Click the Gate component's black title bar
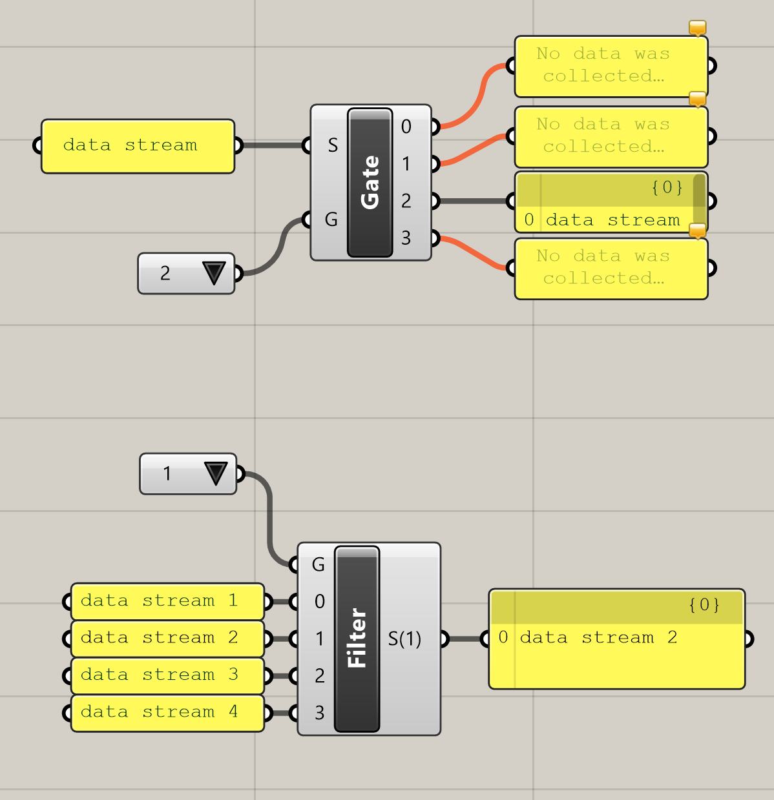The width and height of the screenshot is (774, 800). (370, 183)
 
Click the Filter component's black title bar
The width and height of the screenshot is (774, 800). (357, 639)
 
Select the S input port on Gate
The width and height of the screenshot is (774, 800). (332, 145)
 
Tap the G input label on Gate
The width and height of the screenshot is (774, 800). (331, 220)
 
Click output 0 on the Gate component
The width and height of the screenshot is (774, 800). (406, 127)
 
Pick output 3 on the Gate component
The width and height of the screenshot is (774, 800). (406, 238)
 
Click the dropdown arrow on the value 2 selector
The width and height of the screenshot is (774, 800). (214, 273)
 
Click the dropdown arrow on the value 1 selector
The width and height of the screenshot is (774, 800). (215, 473)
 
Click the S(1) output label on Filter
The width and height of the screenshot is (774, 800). (405, 639)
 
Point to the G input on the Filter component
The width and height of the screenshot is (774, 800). (318, 565)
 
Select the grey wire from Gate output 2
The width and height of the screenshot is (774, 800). (475, 201)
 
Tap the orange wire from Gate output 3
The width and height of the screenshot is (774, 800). (475, 252)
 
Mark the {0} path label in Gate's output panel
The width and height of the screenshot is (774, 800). (667, 187)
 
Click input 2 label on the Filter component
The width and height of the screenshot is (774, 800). (319, 676)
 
